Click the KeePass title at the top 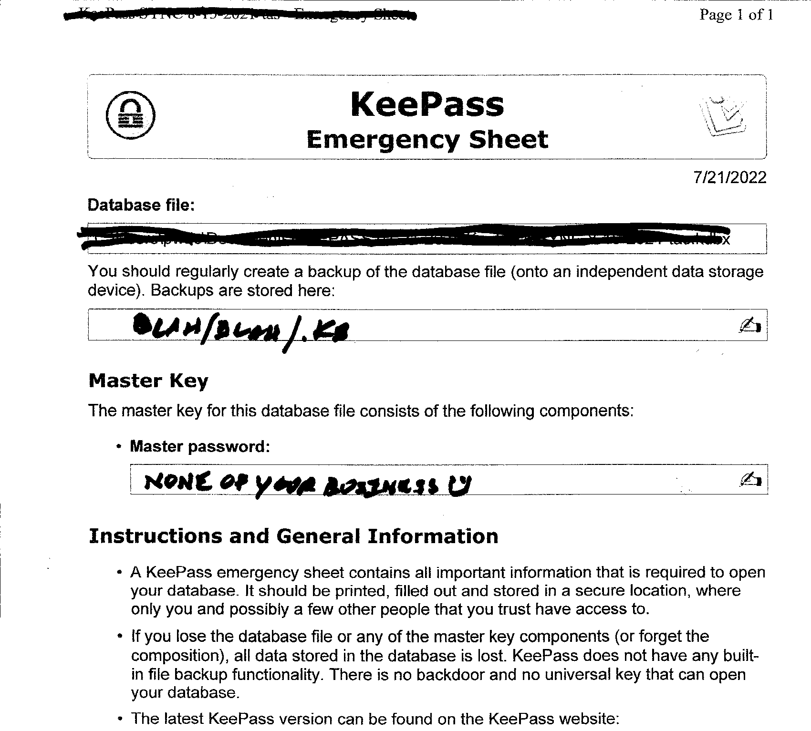(x=427, y=104)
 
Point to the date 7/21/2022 (x=730, y=177)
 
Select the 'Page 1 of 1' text (x=736, y=15)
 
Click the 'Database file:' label (x=141, y=205)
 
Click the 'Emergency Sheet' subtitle (x=427, y=140)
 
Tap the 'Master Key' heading (x=148, y=381)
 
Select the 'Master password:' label (x=200, y=446)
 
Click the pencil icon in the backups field (x=749, y=325)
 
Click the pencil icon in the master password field (x=749, y=479)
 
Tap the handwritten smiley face (x=461, y=486)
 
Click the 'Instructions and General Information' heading (x=293, y=536)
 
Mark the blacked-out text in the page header (x=240, y=16)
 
